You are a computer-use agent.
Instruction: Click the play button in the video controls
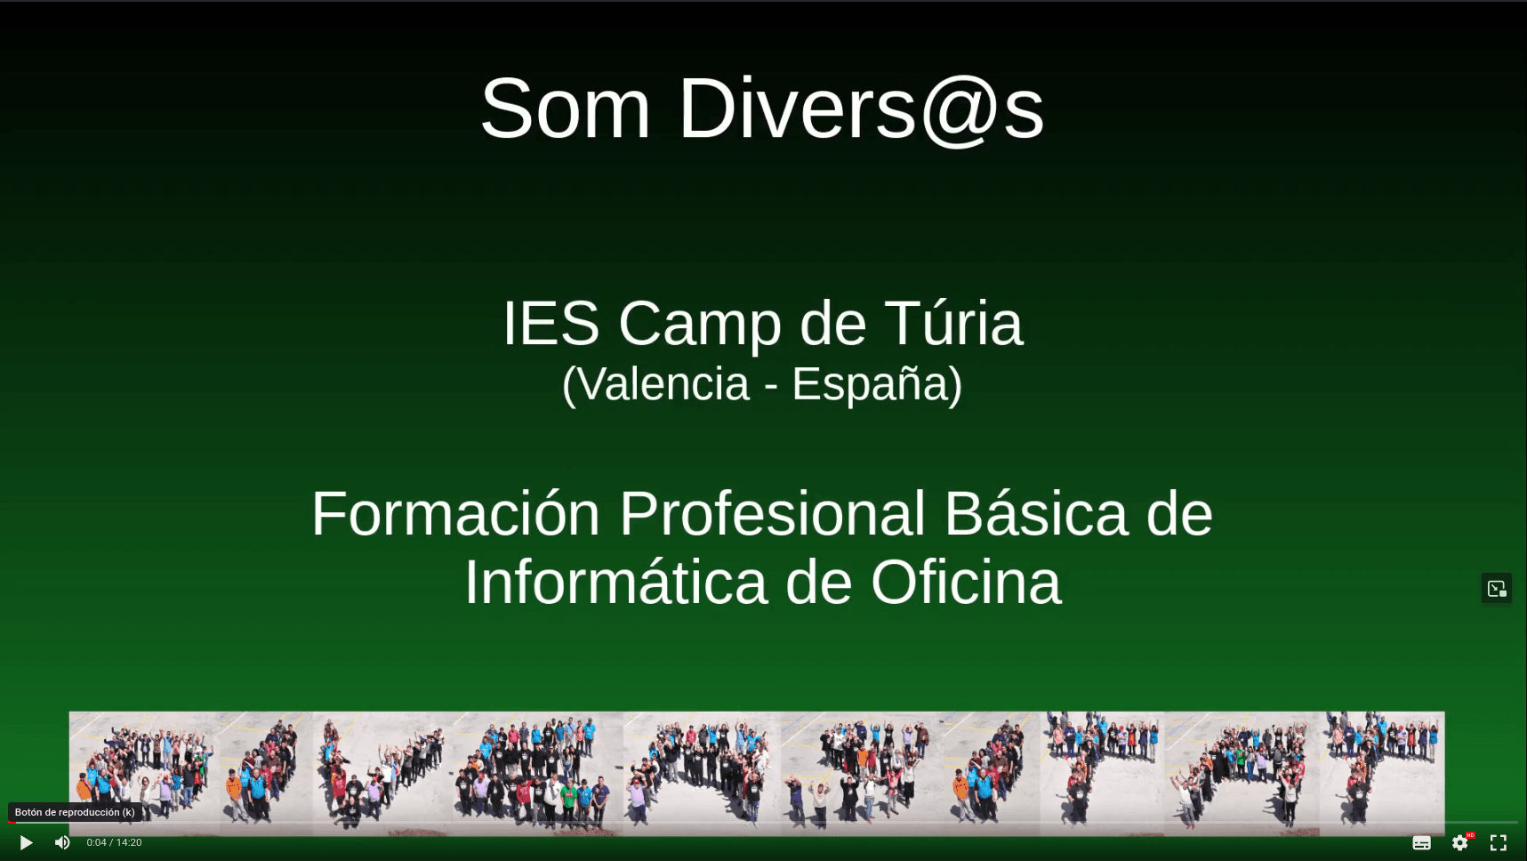click(x=26, y=842)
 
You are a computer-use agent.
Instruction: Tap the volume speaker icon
click(x=62, y=842)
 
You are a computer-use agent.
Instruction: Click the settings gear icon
click(x=1459, y=842)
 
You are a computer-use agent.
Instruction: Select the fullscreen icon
click(x=1499, y=842)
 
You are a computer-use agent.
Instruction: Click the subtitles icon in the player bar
click(x=1421, y=842)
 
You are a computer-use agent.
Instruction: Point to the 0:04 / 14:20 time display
click(x=114, y=842)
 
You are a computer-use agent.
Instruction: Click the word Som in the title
click(x=566, y=109)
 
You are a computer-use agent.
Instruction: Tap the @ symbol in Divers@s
click(x=959, y=109)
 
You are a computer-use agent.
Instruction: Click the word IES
click(x=551, y=323)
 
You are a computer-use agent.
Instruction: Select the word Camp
click(x=700, y=323)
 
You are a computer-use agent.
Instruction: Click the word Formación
click(x=455, y=514)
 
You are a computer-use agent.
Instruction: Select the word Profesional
click(x=772, y=514)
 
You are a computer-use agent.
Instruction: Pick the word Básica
click(x=1035, y=514)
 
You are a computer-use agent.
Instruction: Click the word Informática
click(x=615, y=583)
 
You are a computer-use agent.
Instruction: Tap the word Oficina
click(x=966, y=583)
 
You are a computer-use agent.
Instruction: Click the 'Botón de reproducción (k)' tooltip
click(x=75, y=812)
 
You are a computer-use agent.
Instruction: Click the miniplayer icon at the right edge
click(x=1497, y=588)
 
